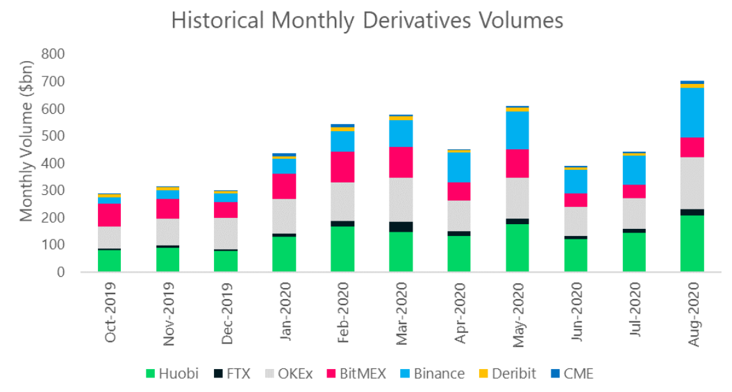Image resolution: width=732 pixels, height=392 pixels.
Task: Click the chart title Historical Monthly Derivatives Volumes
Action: [367, 21]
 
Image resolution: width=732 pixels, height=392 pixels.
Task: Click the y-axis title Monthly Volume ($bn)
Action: [26, 164]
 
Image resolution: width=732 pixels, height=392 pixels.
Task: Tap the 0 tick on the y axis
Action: [61, 273]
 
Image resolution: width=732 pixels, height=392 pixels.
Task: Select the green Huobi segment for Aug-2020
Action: [692, 244]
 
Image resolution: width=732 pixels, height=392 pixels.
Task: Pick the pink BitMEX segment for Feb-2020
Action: [343, 167]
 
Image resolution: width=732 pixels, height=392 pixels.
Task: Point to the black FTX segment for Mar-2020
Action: [401, 227]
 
